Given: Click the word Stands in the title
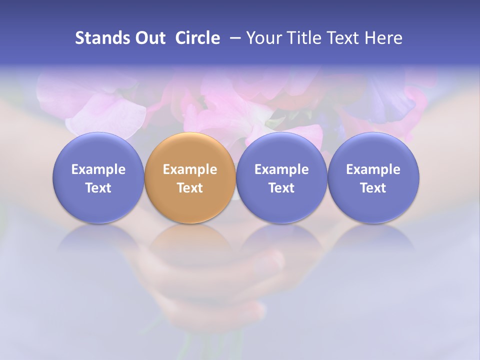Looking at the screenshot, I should (x=99, y=38).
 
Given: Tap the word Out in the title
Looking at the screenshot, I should (x=148, y=38).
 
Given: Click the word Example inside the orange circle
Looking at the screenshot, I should (x=190, y=169).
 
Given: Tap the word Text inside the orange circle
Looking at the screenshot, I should (x=190, y=188).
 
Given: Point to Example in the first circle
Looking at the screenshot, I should (x=98, y=169).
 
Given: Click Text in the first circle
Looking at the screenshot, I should (x=98, y=188).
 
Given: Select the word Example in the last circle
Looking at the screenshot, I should (x=373, y=169).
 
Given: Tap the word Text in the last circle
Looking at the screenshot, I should (x=373, y=188).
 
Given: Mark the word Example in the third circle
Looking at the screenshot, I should (x=281, y=169).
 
